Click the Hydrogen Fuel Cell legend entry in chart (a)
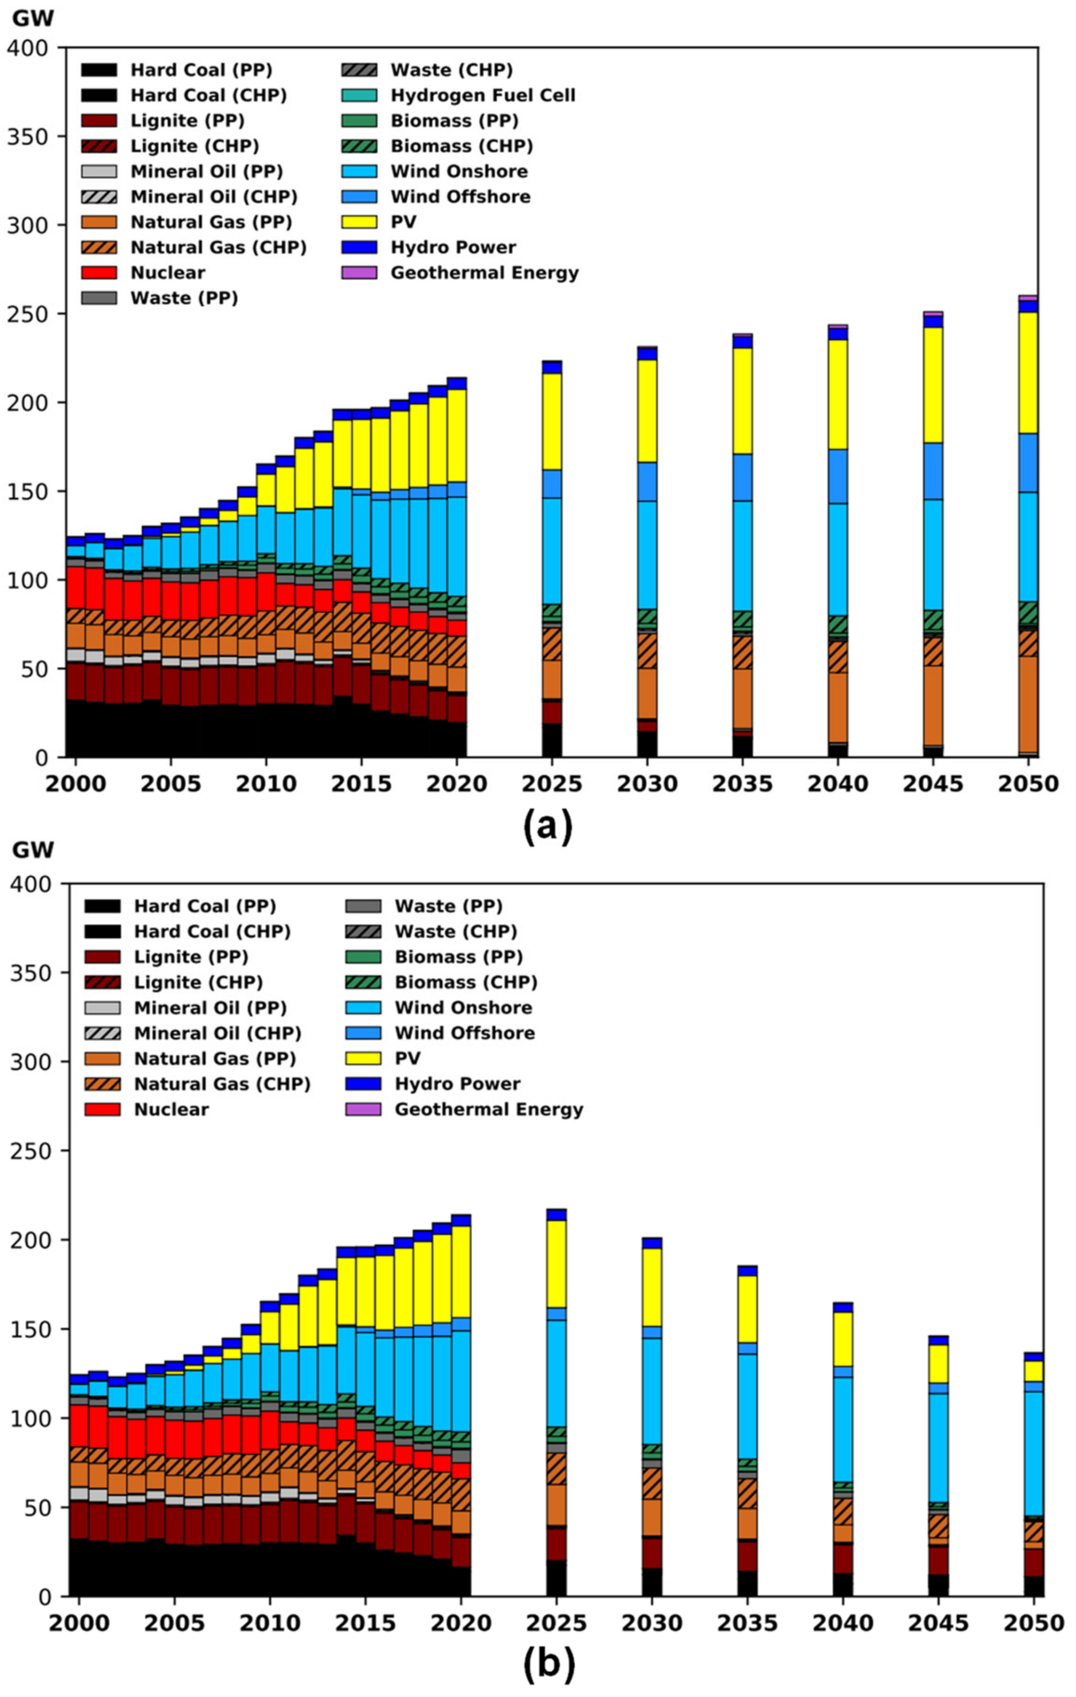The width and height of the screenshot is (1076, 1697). click(x=482, y=95)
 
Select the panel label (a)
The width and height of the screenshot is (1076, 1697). click(x=548, y=826)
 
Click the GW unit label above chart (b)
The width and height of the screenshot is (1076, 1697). click(x=33, y=849)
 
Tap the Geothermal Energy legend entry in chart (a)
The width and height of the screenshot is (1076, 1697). click(x=484, y=273)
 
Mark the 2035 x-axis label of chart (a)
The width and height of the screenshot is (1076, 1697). click(x=743, y=784)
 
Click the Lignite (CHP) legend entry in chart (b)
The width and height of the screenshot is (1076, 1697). click(x=198, y=982)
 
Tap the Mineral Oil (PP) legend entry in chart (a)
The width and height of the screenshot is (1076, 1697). click(x=206, y=171)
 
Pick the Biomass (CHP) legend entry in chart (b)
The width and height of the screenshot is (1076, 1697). click(x=465, y=982)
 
